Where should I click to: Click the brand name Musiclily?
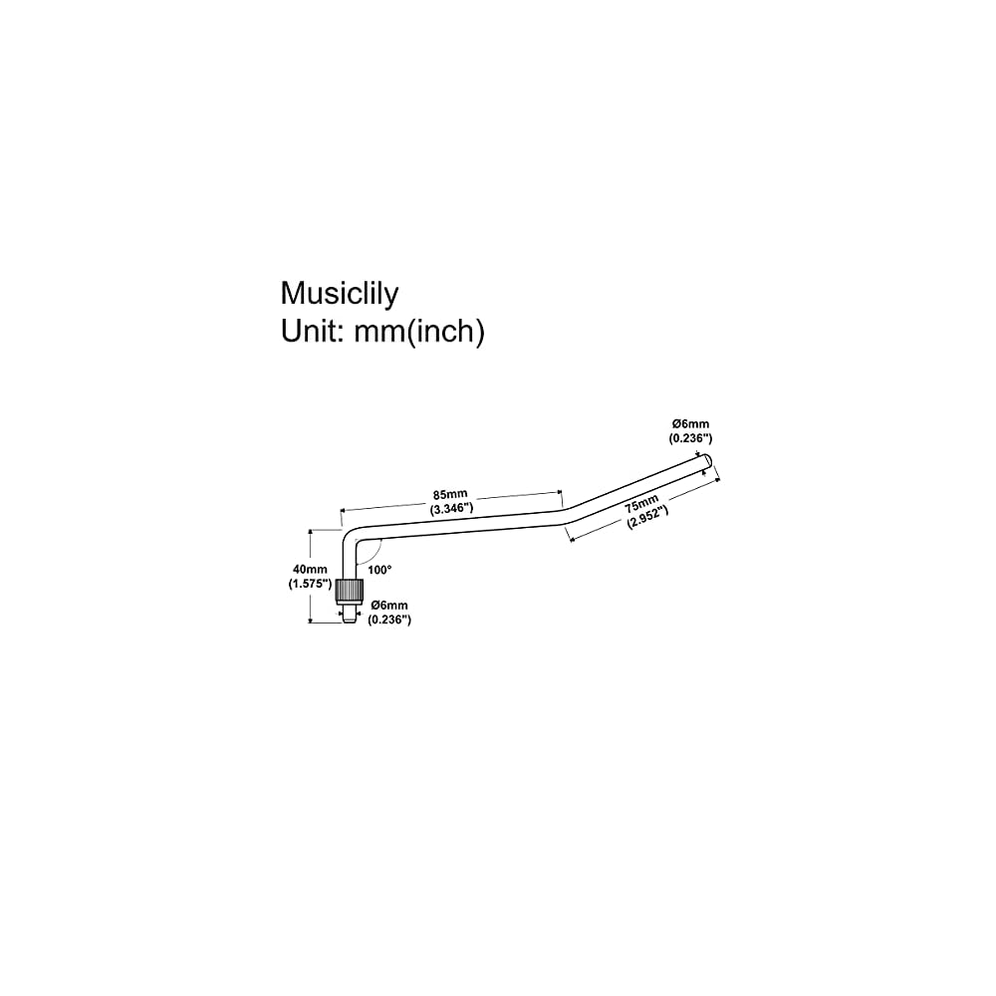pos(339,294)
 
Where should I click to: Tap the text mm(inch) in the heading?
pos(419,333)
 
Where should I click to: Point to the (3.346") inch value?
pos(451,508)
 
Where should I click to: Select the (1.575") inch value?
pos(304,586)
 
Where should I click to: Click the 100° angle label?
pos(379,570)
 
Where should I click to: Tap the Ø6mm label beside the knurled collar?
pos(388,606)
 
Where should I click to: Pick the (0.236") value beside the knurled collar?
pos(389,620)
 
